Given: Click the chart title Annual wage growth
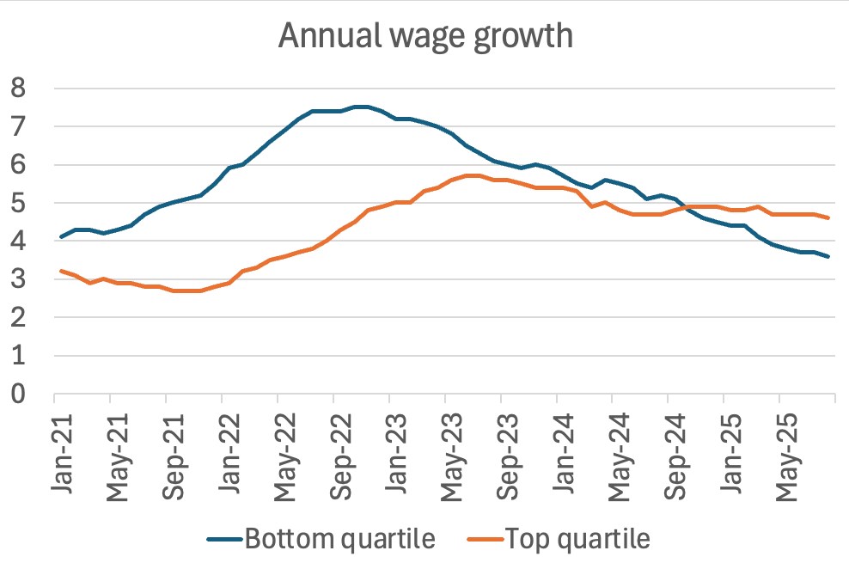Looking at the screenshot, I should pos(424,36).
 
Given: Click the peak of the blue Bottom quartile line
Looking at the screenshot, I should pos(361,107).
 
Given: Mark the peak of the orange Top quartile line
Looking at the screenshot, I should pos(473,175).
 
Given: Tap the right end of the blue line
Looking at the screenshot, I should pos(827,256).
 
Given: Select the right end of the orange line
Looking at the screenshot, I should pos(827,217).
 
